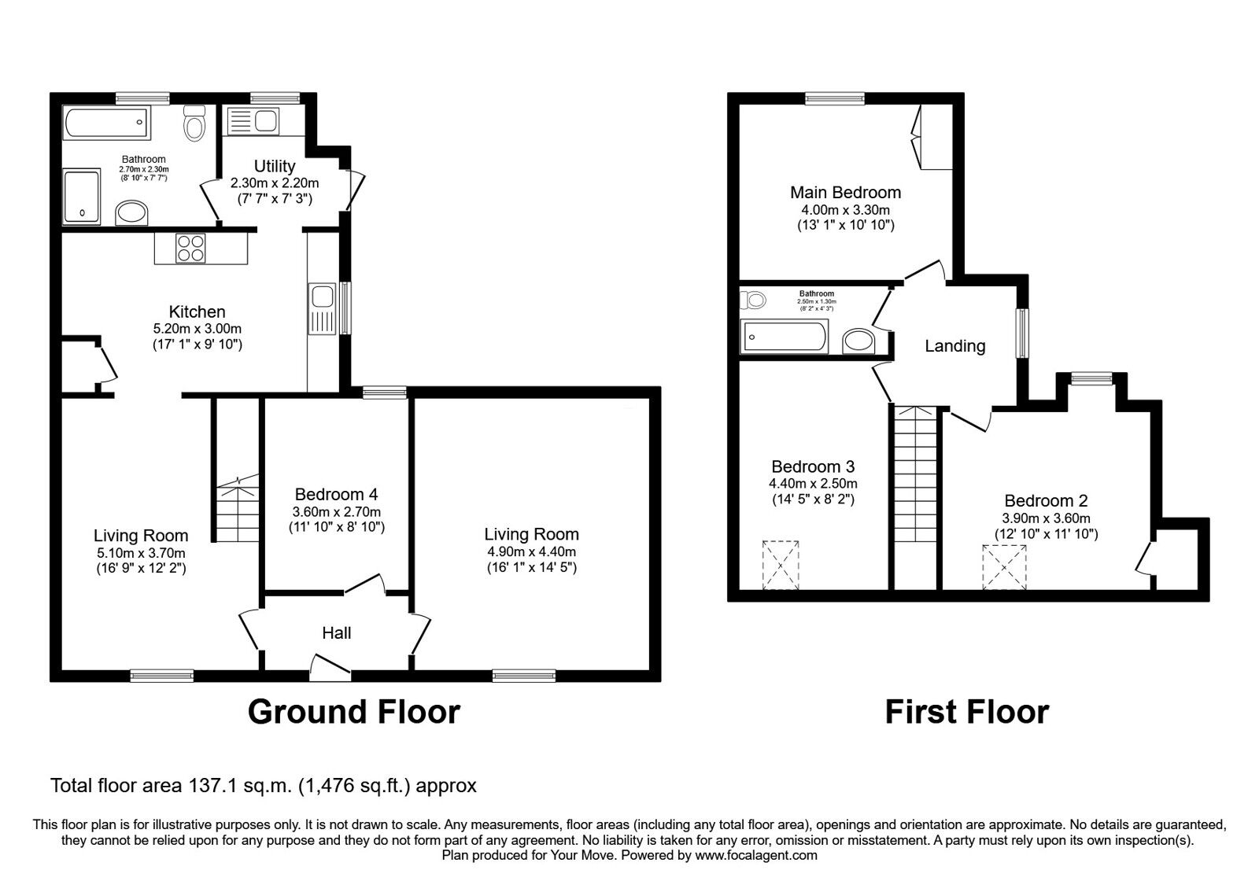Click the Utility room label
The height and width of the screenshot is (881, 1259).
click(x=275, y=166)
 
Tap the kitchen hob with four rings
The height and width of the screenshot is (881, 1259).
click(x=190, y=249)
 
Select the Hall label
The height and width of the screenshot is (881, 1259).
click(x=336, y=632)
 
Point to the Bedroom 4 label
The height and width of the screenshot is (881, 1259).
click(x=336, y=494)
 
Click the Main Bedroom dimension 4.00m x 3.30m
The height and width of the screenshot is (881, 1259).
click(x=845, y=210)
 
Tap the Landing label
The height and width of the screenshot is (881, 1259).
click(x=954, y=345)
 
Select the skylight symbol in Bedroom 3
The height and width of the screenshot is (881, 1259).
click(x=781, y=564)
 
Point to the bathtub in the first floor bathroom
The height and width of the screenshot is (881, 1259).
click(x=785, y=337)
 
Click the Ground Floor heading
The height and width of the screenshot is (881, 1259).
click(x=353, y=712)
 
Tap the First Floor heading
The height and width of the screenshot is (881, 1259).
click(x=966, y=712)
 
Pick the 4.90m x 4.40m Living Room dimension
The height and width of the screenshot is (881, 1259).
click(x=531, y=552)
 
